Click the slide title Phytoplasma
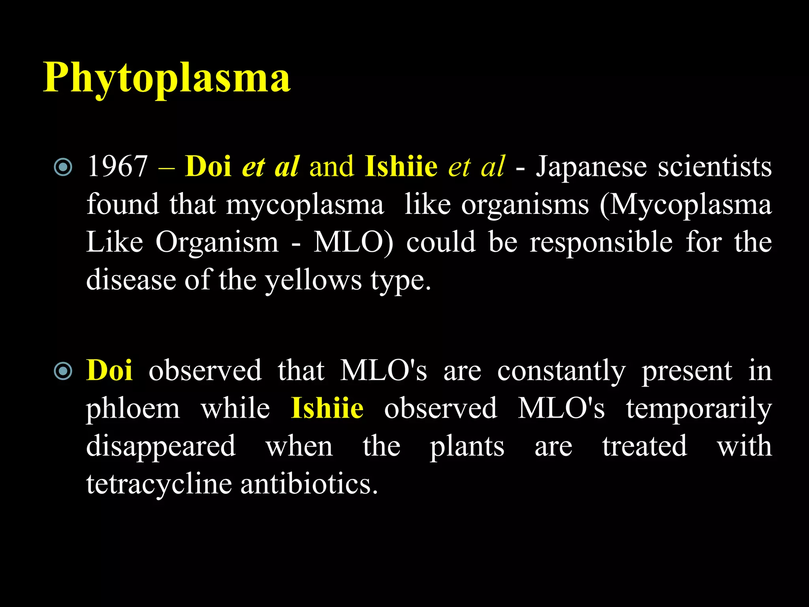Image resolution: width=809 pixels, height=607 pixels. (167, 77)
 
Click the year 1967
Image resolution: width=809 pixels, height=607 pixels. (117, 166)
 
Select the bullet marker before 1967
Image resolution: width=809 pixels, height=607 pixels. (63, 167)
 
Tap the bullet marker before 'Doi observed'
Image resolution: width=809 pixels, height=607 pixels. (63, 371)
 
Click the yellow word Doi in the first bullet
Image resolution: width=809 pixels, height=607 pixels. (208, 166)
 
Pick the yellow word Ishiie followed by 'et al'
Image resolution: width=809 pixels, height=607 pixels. (401, 166)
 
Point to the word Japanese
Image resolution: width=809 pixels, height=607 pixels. (591, 166)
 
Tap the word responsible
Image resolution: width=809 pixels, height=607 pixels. (601, 242)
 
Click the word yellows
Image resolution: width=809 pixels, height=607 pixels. (313, 280)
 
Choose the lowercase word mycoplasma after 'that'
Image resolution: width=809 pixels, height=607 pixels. (305, 205)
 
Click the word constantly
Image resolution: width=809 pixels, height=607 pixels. (561, 371)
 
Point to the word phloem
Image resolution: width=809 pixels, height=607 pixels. (133, 409)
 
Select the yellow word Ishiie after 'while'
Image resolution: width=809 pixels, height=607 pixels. (327, 408)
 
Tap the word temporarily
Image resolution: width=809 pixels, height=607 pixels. (698, 409)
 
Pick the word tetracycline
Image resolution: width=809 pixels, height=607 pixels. (159, 484)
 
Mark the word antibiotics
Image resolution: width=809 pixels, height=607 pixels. (309, 484)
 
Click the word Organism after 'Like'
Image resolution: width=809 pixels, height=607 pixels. (217, 242)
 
